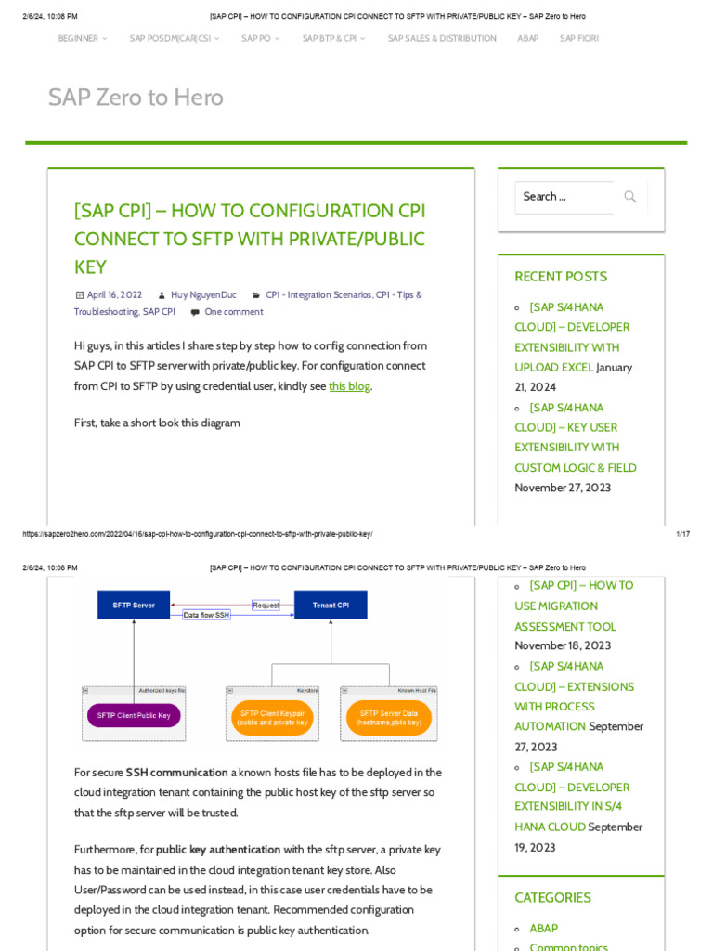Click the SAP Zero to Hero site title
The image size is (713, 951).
pyautogui.click(x=136, y=98)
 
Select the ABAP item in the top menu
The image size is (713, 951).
pyautogui.click(x=527, y=38)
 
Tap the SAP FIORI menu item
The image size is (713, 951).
pyautogui.click(x=579, y=38)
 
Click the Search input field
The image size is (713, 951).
pyautogui.click(x=564, y=197)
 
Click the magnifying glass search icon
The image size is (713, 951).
pyautogui.click(x=630, y=197)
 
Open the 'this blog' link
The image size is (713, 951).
pyautogui.click(x=349, y=386)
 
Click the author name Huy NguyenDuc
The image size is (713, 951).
pyautogui.click(x=203, y=295)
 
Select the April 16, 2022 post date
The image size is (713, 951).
pyautogui.click(x=114, y=295)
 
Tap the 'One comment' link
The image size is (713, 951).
pyautogui.click(x=233, y=312)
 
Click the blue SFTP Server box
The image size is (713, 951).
pyautogui.click(x=134, y=605)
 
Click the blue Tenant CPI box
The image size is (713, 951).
pyautogui.click(x=331, y=605)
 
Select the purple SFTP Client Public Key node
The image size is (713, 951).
pyautogui.click(x=134, y=715)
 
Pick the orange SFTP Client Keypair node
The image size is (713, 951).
pyautogui.click(x=272, y=718)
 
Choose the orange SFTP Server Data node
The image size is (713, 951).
pyautogui.click(x=389, y=718)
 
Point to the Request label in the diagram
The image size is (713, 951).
pyautogui.click(x=266, y=605)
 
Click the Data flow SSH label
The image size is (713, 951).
pyautogui.click(x=206, y=615)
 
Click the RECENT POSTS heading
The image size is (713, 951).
pyautogui.click(x=561, y=277)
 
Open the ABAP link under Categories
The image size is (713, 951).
pyautogui.click(x=543, y=928)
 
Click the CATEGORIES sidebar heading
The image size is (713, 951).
pyautogui.click(x=552, y=898)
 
